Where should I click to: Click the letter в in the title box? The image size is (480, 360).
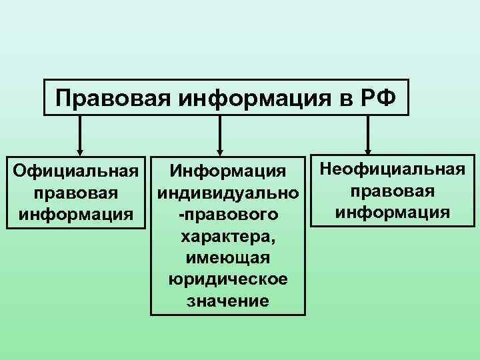tap(347, 99)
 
